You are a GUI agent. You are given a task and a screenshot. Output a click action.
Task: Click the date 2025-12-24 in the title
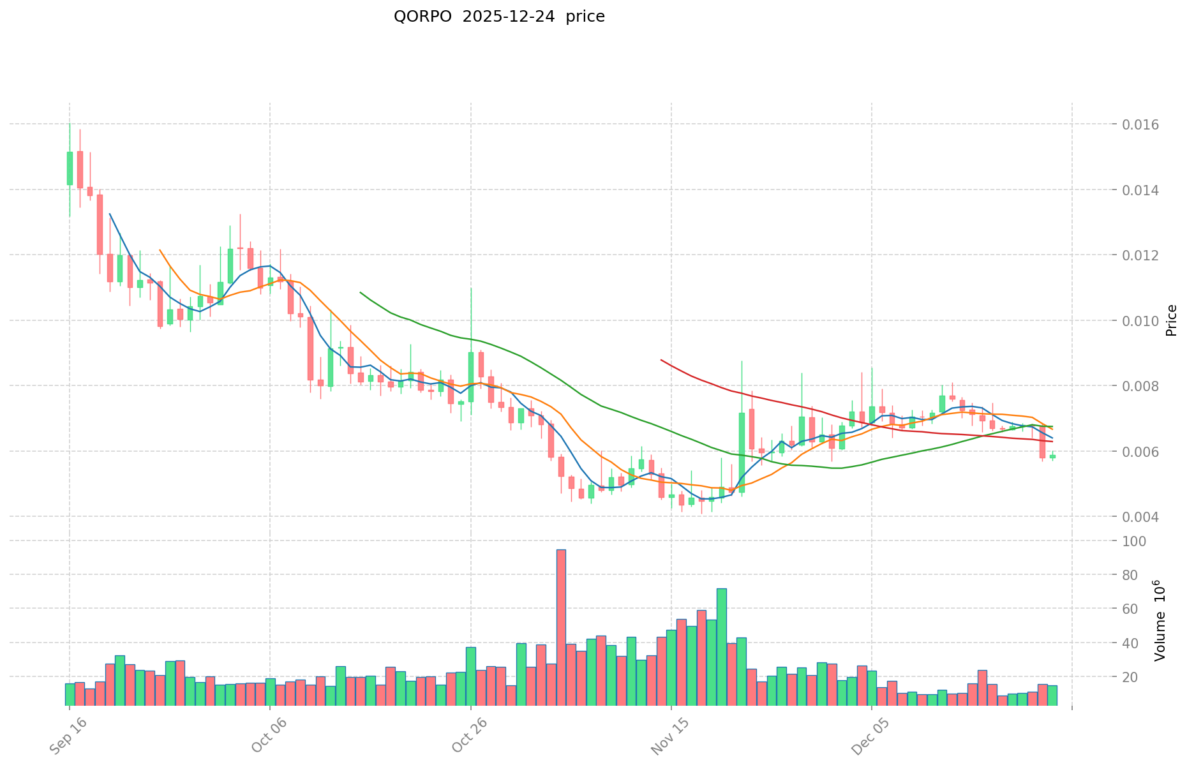(x=508, y=17)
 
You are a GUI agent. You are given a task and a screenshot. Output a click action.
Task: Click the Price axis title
(x=1171, y=320)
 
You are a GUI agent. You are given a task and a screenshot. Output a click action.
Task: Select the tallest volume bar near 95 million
(x=561, y=627)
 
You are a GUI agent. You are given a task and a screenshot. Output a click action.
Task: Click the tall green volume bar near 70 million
(x=722, y=646)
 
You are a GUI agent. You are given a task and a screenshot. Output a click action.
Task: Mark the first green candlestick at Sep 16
(x=70, y=168)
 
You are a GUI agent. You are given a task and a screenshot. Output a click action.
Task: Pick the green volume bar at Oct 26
(x=471, y=676)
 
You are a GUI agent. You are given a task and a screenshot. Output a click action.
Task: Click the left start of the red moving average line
(x=661, y=360)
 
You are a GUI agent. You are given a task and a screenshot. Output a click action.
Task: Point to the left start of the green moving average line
(x=361, y=292)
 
